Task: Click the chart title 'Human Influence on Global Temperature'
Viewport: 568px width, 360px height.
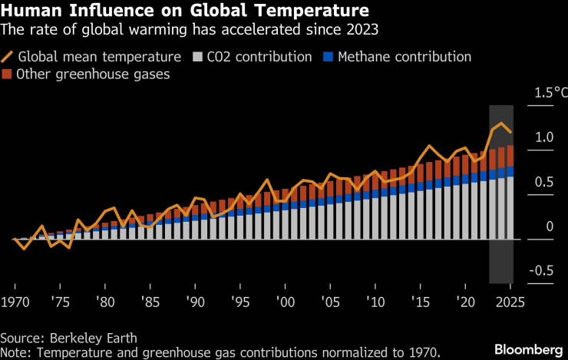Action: click(183, 12)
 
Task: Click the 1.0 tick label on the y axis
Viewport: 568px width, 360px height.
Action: click(544, 137)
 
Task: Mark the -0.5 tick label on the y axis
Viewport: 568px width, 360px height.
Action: click(544, 270)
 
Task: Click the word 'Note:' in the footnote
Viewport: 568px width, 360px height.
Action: click(17, 352)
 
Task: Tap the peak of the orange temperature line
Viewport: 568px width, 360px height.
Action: click(501, 124)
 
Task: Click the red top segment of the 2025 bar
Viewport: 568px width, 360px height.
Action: click(510, 155)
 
